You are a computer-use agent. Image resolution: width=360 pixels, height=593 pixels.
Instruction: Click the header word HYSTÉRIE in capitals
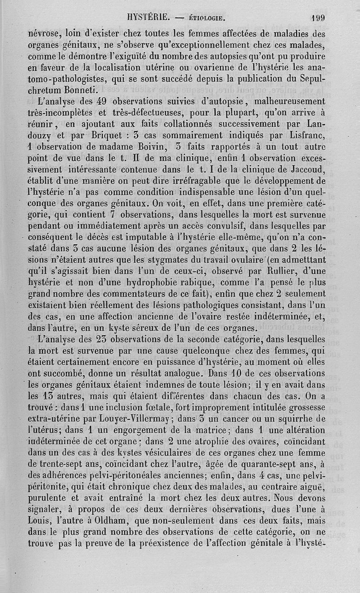click(149, 18)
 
